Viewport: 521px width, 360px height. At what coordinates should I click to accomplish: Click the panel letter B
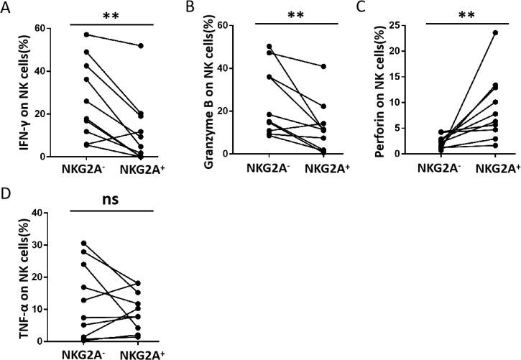click(x=188, y=7)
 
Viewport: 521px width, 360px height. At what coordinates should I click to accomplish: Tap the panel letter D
click(x=6, y=193)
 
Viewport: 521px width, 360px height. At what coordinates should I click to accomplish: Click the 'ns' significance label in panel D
click(x=111, y=198)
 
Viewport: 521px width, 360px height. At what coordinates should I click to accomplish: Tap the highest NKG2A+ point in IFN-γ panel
click(x=141, y=46)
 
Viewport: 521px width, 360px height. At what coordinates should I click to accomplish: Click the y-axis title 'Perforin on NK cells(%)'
click(x=381, y=86)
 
